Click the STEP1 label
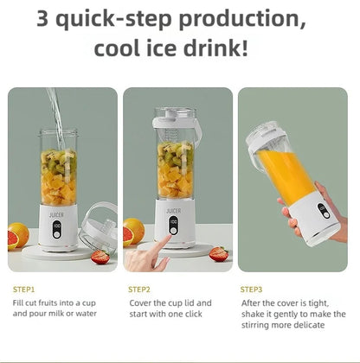[x=24, y=289]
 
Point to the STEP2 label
[x=139, y=289]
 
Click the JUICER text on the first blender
[x=57, y=210]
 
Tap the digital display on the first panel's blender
[x=57, y=229]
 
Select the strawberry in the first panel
[x=101, y=256]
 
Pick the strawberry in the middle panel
[x=219, y=253]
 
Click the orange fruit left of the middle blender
[x=133, y=232]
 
